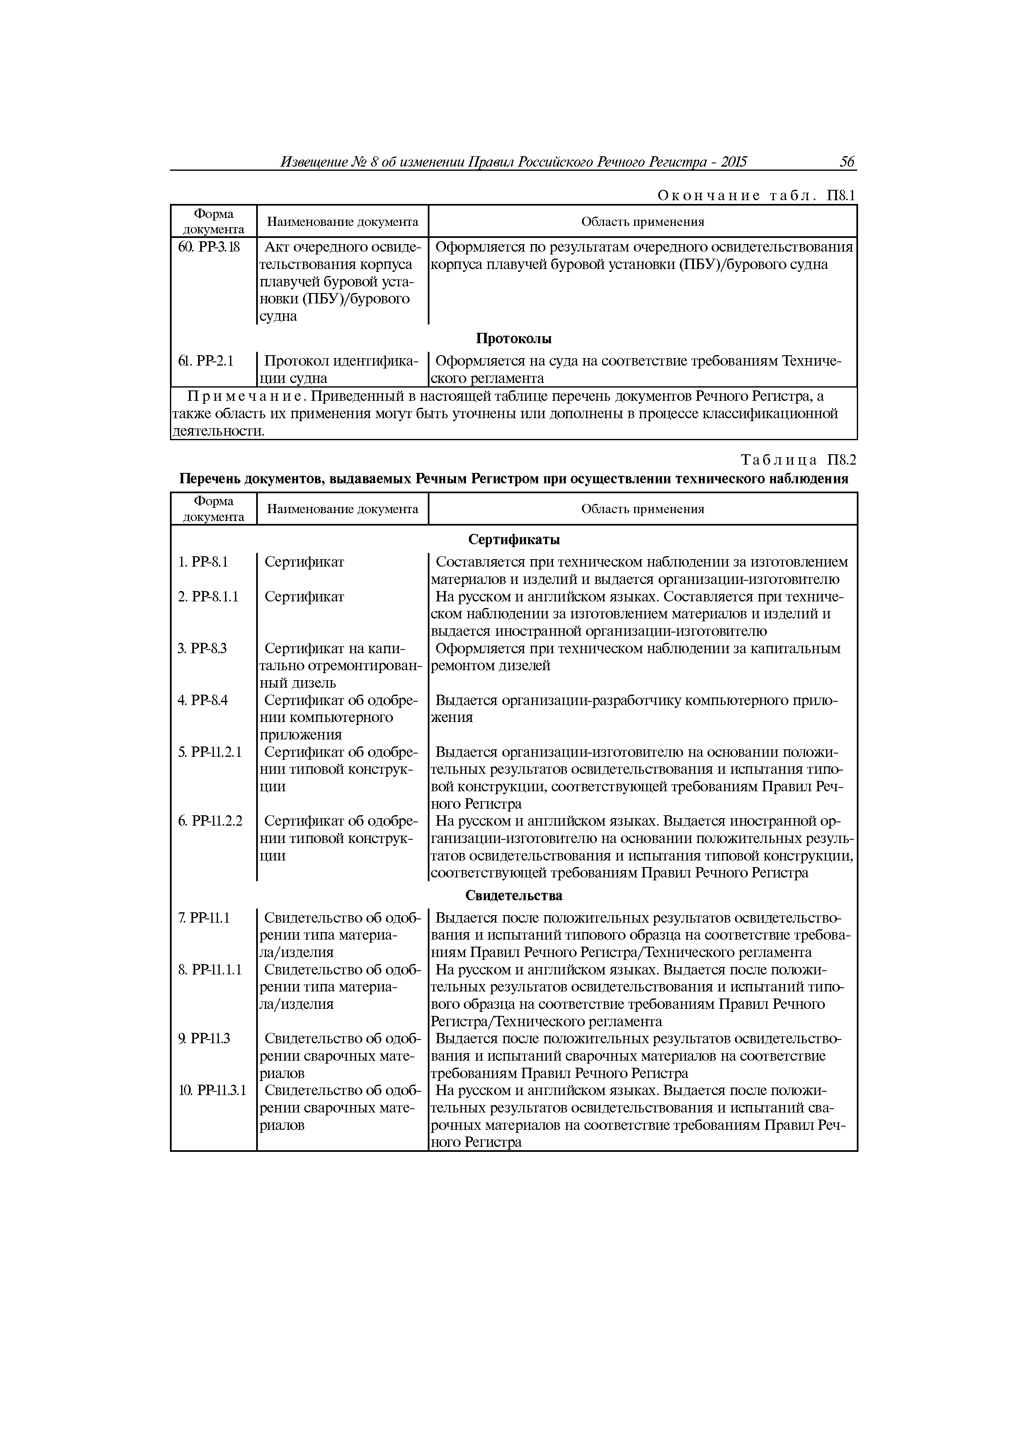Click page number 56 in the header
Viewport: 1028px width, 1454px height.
tap(847, 162)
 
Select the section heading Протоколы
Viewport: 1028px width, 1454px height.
tap(514, 339)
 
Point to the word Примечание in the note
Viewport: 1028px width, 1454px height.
tap(246, 396)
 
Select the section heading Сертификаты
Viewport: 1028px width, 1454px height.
tap(514, 540)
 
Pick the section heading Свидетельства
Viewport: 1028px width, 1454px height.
tap(514, 895)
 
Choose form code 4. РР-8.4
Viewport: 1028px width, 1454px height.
tap(203, 700)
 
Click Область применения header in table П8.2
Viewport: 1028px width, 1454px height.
tap(642, 509)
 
